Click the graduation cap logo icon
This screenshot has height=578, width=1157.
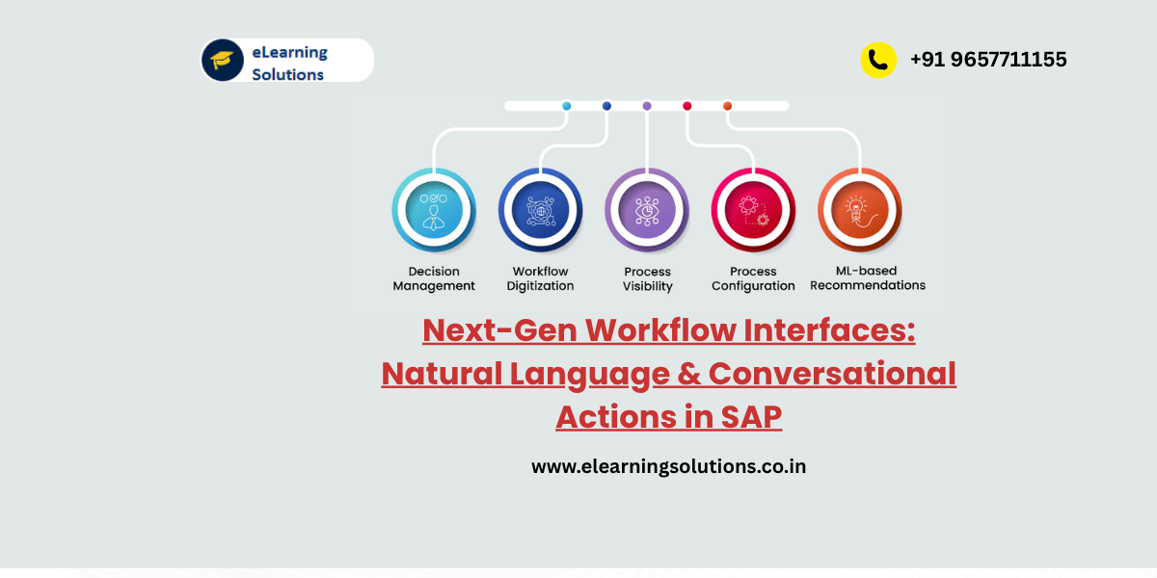222,60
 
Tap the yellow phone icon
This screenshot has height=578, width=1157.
878,60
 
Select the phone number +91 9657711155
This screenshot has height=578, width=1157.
988,60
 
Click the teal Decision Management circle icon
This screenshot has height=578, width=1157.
434,210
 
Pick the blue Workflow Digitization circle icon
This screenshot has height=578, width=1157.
540,210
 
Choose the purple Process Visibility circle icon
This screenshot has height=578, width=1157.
647,210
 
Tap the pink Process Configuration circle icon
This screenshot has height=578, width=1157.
753,210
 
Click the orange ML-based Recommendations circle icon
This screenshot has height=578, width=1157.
860,210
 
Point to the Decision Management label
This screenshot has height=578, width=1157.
434,278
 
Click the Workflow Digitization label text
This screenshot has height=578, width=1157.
540,278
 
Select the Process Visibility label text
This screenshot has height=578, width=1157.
647,278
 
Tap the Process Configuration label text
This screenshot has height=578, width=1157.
753,278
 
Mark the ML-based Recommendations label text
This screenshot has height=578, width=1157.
867,277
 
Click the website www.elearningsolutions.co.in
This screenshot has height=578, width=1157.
668,466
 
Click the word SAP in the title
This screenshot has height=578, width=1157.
750,416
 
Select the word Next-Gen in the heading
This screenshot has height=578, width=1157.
499,330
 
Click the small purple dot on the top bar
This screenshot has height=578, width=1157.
647,106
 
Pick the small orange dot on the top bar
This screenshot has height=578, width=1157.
727,106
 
